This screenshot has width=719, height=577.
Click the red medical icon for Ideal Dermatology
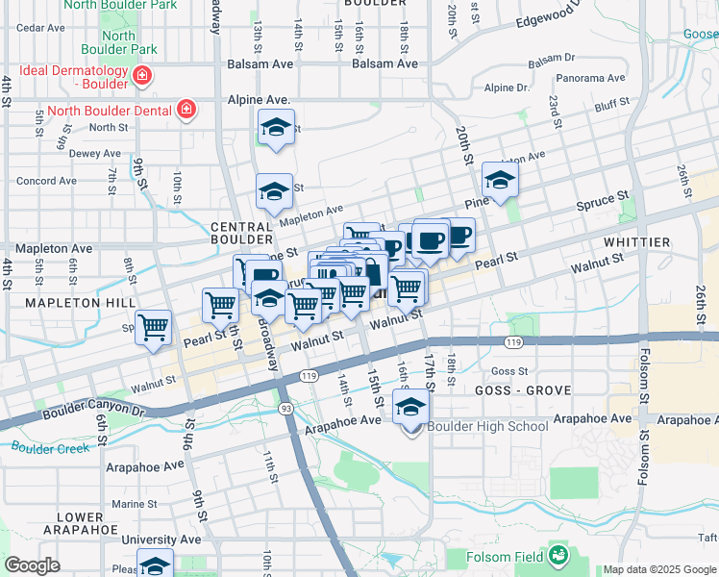pos(141,76)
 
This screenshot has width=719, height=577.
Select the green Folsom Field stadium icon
pos(558,555)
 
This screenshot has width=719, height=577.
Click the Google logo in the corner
pos(32,565)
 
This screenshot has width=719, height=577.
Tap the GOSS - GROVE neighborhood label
pos(523,390)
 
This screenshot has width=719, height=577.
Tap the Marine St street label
pos(134,504)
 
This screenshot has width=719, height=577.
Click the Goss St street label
pos(509,370)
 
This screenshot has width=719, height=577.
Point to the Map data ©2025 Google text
pos(658,569)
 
